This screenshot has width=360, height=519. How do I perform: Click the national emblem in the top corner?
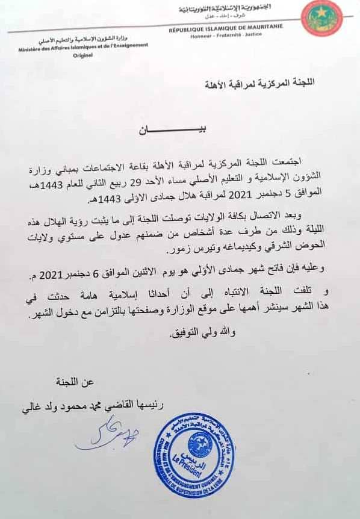(322, 19)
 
